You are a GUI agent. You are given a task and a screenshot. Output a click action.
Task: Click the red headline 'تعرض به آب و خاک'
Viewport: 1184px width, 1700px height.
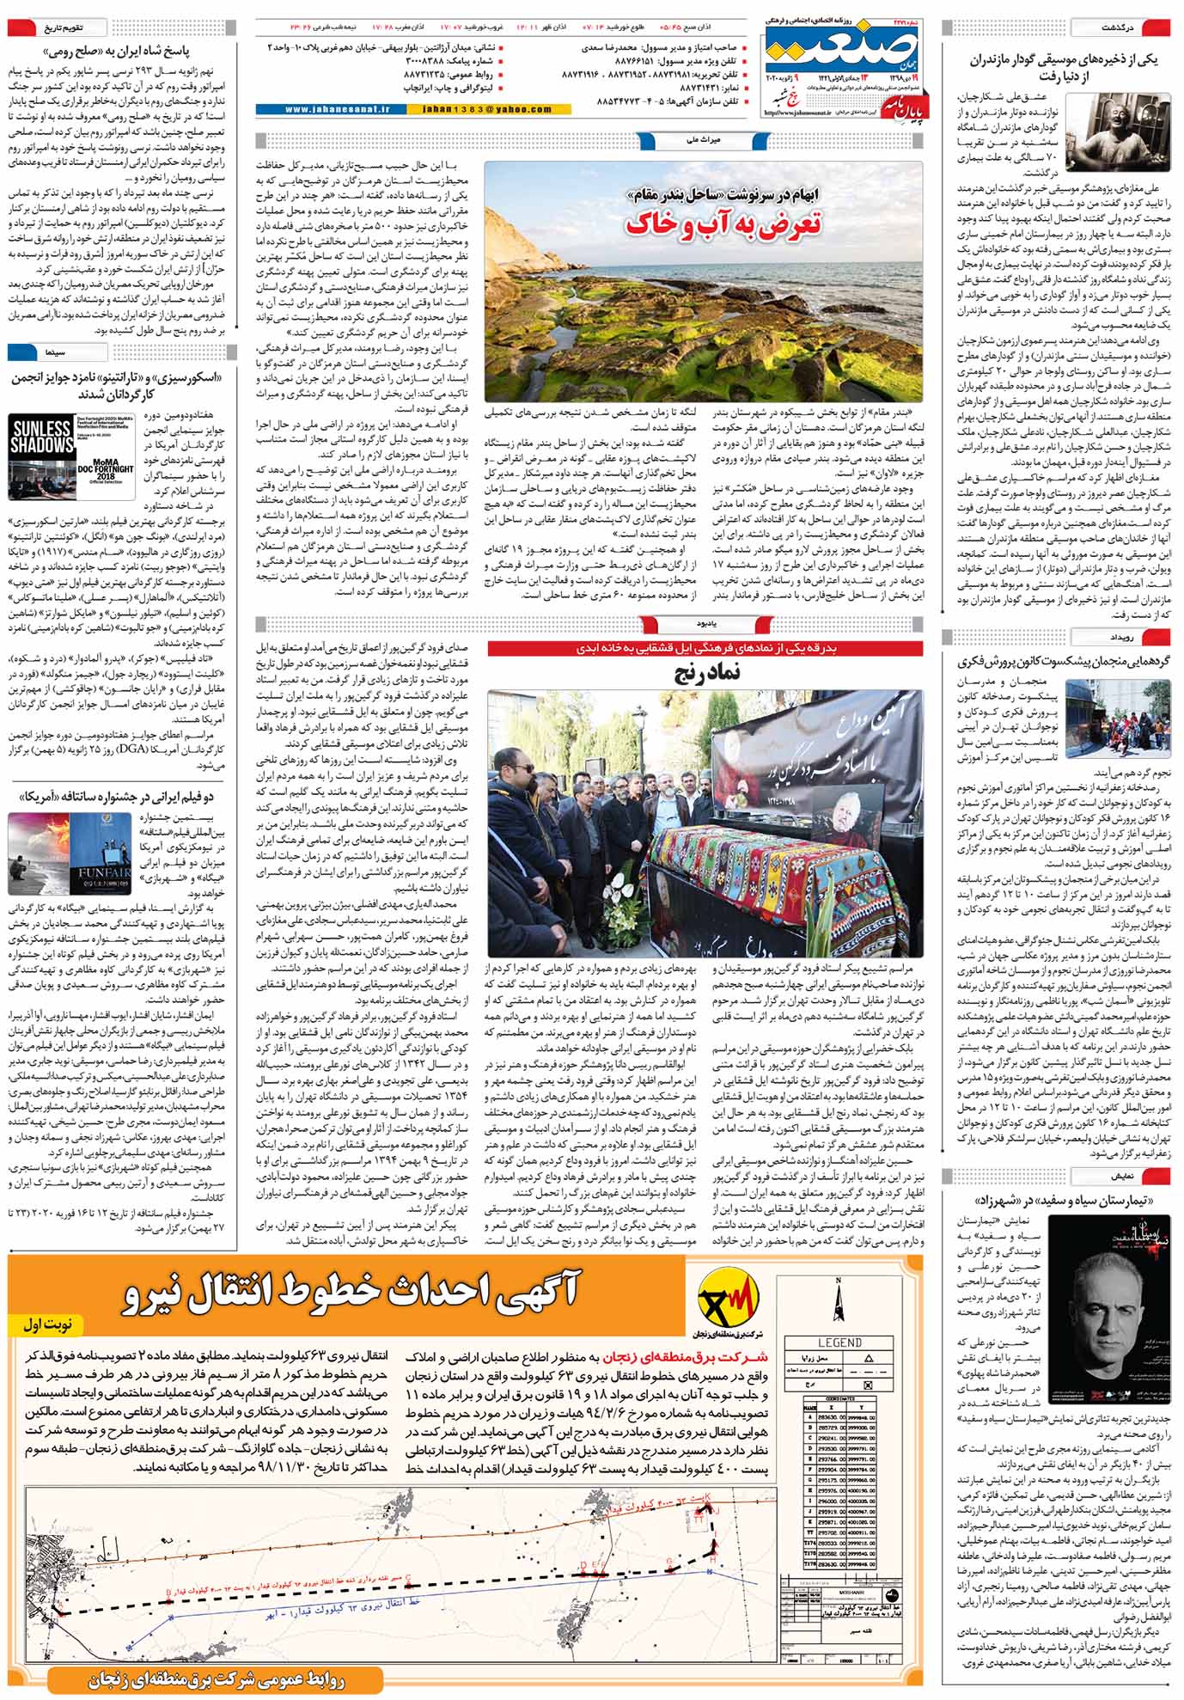pyautogui.click(x=723, y=223)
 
